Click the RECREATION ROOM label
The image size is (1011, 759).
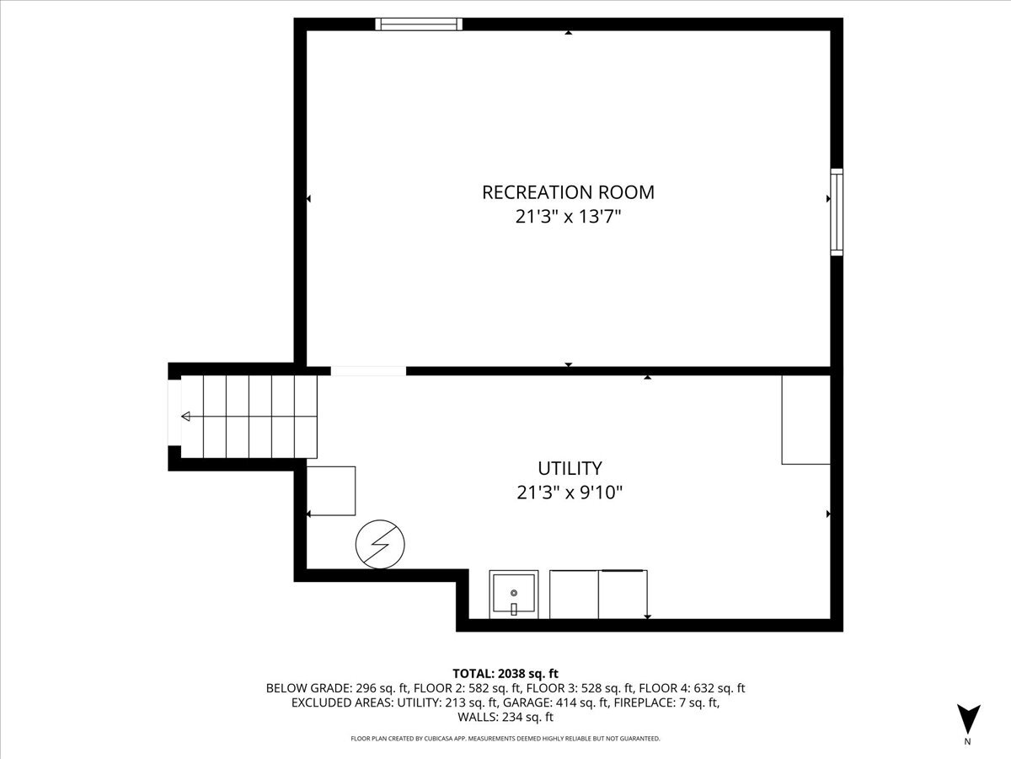coord(568,192)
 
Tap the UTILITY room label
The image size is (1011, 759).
coord(570,468)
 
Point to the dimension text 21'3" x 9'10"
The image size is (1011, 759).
coord(570,492)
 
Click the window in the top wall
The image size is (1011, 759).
coord(419,24)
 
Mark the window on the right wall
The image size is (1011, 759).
coord(836,212)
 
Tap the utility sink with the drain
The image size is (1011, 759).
coord(513,594)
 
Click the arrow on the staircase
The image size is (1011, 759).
coord(185,417)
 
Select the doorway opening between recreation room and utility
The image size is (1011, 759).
coord(368,371)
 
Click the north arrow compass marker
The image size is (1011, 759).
coord(969,719)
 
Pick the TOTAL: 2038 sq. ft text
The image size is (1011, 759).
coord(505,673)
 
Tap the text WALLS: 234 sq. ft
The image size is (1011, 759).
coord(505,718)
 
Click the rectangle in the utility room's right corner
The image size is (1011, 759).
coord(806,419)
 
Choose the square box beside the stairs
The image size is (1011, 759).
coord(331,490)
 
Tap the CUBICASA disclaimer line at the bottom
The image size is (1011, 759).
coord(505,739)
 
